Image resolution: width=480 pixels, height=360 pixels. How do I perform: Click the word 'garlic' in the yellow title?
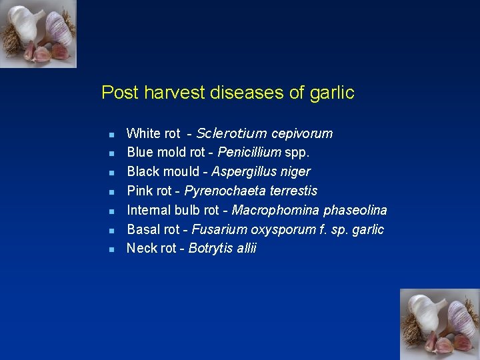tap(332, 93)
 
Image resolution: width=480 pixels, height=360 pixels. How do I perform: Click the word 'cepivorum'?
tap(301, 133)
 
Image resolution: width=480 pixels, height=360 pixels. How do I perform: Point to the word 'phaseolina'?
tap(355, 211)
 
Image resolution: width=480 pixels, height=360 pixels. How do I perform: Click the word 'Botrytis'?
tap(210, 249)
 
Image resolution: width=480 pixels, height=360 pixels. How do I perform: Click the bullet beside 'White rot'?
tap(112, 134)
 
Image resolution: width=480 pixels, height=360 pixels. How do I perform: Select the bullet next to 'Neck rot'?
tap(112, 249)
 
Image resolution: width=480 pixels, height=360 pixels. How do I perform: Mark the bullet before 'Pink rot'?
tap(112, 192)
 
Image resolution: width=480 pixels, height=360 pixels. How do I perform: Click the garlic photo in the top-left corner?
tap(38, 33)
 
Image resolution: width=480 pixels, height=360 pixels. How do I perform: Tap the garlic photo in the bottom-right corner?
tap(439, 324)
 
